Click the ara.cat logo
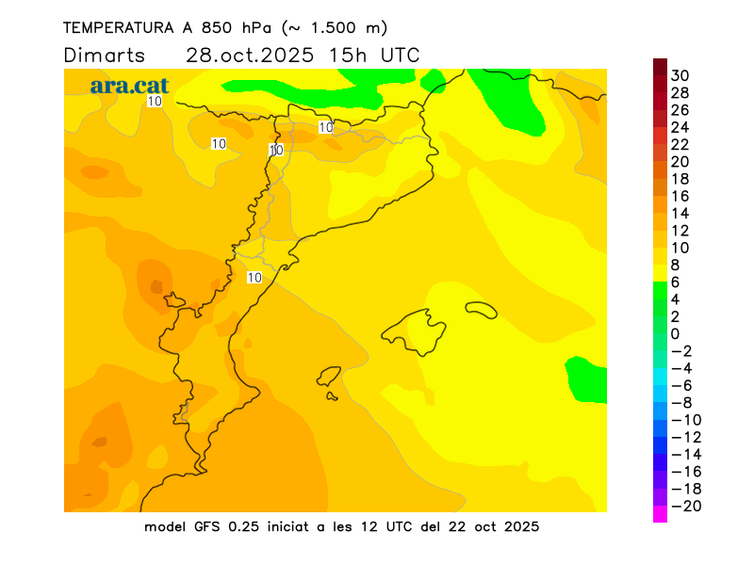pos(129,85)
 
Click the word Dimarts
pos(104,55)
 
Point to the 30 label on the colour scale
pos(680,75)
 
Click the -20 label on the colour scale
pos(680,507)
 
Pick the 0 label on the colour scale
pos(675,333)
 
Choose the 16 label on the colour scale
pos(680,196)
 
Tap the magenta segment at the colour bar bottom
pos(660,514)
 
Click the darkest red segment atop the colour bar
pos(660,67)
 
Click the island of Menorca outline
pos(481,308)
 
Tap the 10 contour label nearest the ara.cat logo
pos(155,101)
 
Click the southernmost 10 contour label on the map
pos(254,277)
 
